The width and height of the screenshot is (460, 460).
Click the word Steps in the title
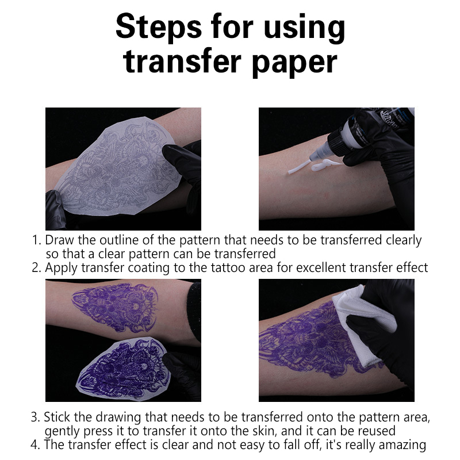click(159, 27)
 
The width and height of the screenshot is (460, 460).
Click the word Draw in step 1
click(60, 240)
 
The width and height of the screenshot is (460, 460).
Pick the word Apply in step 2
click(62, 269)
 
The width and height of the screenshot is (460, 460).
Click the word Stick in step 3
click(57, 417)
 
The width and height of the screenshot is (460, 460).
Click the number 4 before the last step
click(35, 445)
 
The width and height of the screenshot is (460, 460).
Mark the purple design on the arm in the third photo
click(115, 306)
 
